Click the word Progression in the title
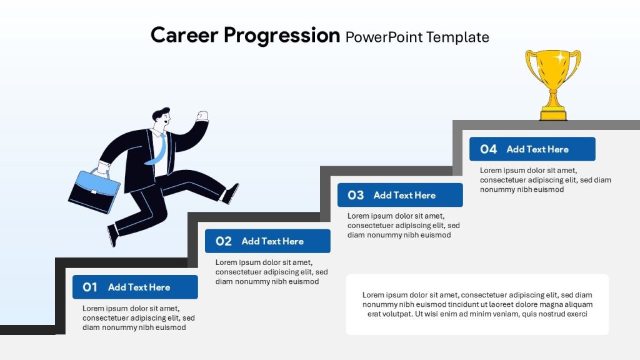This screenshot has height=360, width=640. coord(281,36)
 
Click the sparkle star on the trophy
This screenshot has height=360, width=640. coord(560,57)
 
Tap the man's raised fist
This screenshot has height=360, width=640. coord(202,116)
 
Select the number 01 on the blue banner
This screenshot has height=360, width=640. coord(90,287)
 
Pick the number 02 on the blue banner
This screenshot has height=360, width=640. coord(223,241)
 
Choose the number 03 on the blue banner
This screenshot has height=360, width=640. coord(356,196)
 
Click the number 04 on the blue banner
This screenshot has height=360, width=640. coord(488,149)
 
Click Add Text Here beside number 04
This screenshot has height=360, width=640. coord(537,149)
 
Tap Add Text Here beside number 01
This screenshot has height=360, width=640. coord(139,287)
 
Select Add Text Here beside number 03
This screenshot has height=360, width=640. coord(404,196)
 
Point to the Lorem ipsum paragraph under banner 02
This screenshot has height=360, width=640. coord(271,272)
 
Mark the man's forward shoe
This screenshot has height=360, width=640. coord(232,192)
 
